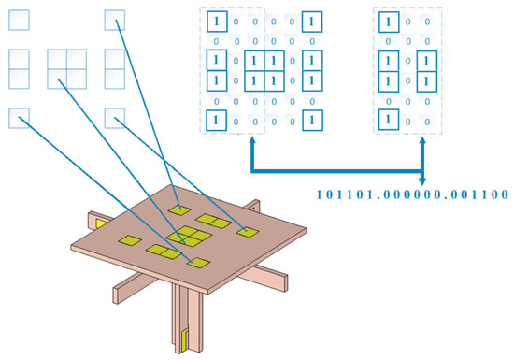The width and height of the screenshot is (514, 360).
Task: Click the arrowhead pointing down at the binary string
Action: click(423, 180)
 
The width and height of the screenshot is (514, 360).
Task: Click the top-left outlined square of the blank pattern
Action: click(20, 19)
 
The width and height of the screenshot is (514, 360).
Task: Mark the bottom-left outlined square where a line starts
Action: click(20, 117)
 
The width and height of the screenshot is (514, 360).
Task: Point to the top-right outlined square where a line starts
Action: click(115, 19)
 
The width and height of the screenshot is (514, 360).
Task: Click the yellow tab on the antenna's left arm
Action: click(98, 225)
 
